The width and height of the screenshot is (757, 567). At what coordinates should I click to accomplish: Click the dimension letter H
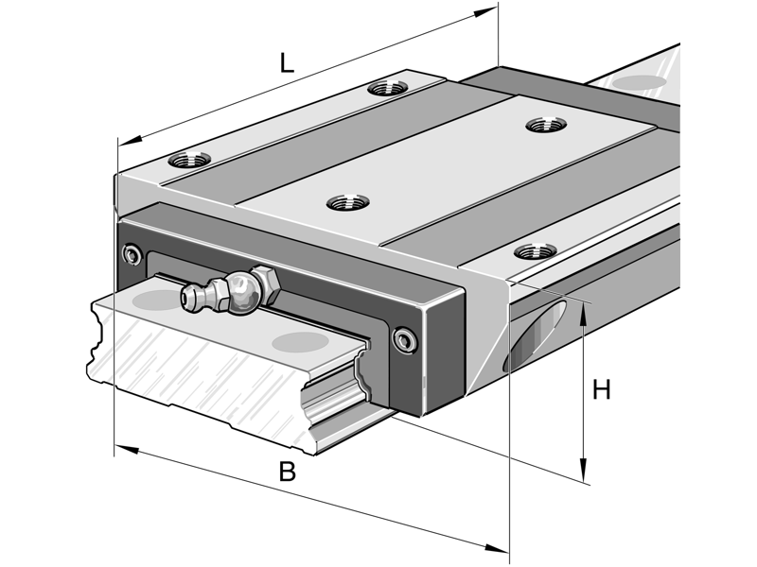[x=601, y=389]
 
